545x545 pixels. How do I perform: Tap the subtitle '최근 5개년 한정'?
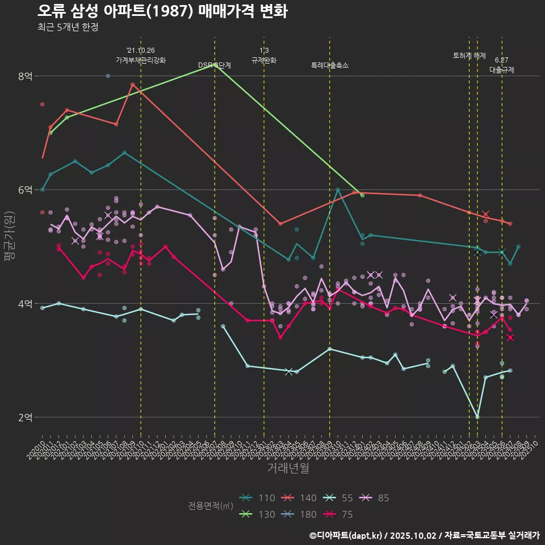pos(68,27)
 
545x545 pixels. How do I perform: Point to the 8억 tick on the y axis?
pos(25,76)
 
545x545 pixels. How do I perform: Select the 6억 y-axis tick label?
pos(25,190)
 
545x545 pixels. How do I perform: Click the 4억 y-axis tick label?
pos(25,304)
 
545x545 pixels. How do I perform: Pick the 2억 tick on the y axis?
pos(25,417)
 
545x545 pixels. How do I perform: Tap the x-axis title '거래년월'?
pos(288,468)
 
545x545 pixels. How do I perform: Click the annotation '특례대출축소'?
pos(330,66)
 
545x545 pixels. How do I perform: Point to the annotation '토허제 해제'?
pos(469,56)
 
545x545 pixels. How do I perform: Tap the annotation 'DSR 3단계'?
pos(215,65)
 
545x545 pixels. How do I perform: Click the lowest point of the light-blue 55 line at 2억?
pos(477,417)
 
